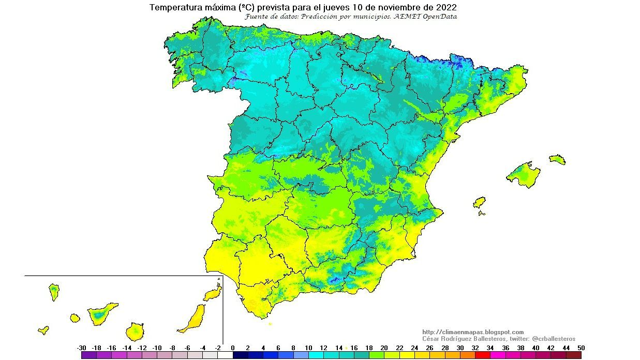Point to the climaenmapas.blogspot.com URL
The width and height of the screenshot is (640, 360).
click(x=473, y=332)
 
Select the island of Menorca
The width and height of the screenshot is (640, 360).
click(x=557, y=159)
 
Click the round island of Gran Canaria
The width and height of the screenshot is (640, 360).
click(x=135, y=331)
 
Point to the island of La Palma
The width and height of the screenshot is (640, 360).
click(x=54, y=292)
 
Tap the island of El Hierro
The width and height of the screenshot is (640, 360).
click(x=43, y=329)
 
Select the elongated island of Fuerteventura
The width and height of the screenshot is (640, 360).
click(x=193, y=319)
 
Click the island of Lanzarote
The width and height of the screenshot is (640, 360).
click(x=213, y=294)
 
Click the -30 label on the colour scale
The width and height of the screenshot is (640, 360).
click(x=81, y=348)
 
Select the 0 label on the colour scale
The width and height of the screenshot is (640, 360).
click(x=233, y=348)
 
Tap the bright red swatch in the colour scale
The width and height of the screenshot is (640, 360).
click(x=482, y=355)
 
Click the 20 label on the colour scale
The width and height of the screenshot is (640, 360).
click(x=384, y=348)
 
